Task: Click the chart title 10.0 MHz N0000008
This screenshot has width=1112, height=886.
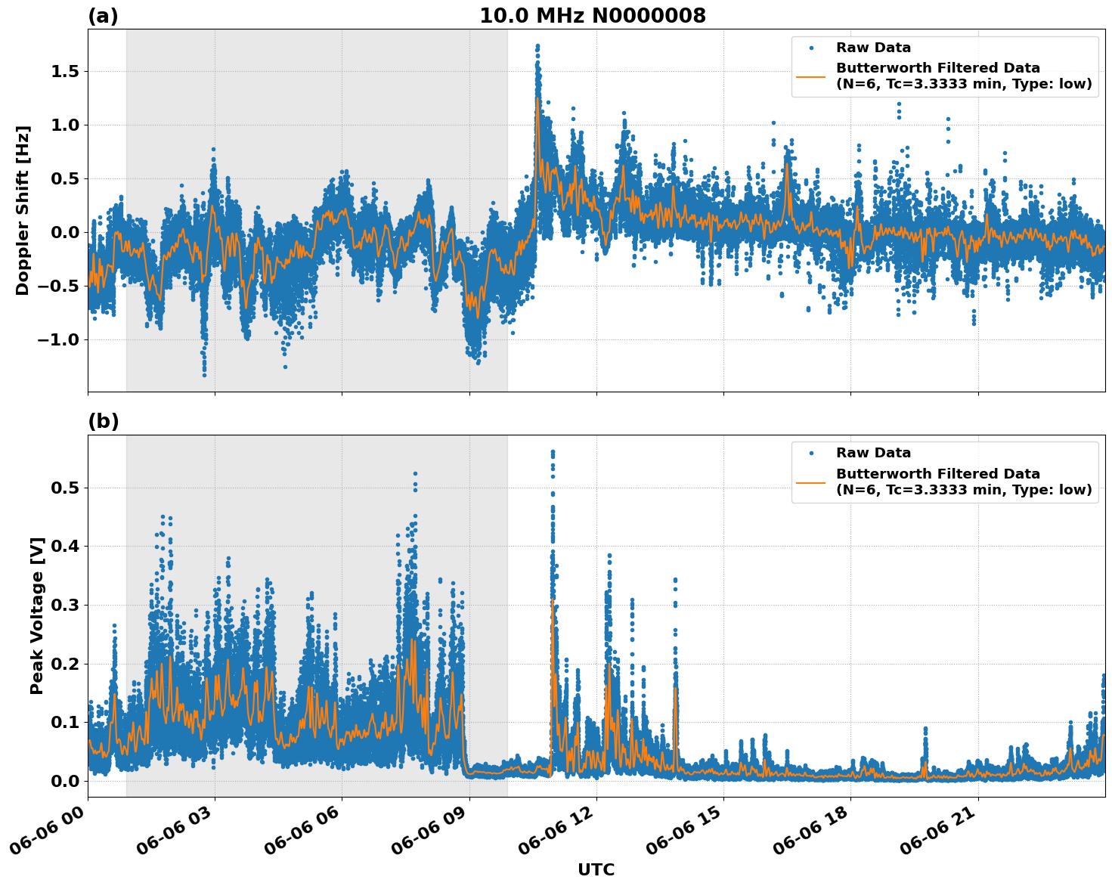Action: pos(592,16)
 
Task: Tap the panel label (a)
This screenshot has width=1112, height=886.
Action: pos(103,16)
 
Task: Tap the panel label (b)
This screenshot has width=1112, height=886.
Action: pos(103,421)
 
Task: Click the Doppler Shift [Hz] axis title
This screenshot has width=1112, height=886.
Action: pos(23,210)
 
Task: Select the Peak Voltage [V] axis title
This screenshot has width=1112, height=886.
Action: pos(37,615)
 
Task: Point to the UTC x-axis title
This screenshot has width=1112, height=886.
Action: pos(596,869)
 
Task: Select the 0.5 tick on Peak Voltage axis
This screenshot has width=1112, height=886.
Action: pos(64,488)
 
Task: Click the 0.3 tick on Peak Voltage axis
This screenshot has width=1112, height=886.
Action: pos(64,606)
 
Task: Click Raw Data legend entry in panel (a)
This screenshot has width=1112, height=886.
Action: pos(873,48)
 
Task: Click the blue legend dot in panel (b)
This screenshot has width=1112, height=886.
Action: pos(811,453)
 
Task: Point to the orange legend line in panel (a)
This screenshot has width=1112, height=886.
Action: pos(811,76)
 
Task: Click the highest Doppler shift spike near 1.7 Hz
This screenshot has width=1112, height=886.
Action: pos(537,46)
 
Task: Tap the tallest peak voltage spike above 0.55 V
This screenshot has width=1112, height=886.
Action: pos(553,452)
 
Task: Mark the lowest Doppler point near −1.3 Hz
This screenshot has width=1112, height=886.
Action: pos(204,375)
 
